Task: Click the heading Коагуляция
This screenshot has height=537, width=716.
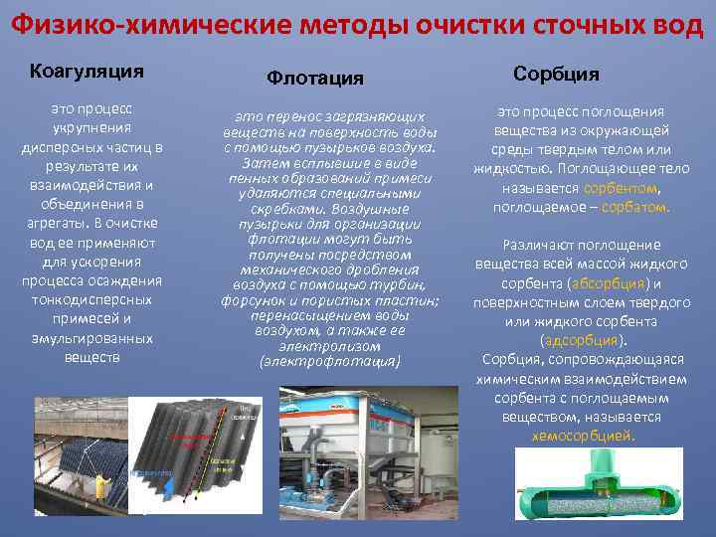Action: pos(88,71)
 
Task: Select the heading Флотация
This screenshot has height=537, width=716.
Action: pos(314,78)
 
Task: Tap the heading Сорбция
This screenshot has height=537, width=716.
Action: pos(556,74)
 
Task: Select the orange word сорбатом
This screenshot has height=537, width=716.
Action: pos(636,208)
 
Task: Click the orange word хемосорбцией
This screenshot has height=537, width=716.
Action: pos(582,436)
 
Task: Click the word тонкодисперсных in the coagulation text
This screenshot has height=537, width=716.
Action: pos(92,299)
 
